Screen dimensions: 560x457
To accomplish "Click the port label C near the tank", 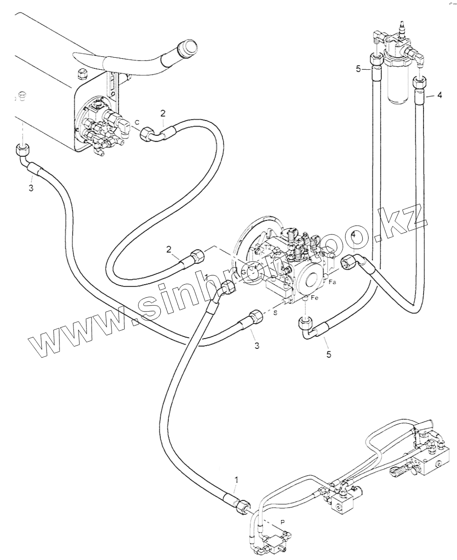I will coord(137,122).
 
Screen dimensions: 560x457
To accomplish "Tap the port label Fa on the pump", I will coord(332,282).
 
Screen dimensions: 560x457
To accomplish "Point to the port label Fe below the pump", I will coord(314,298).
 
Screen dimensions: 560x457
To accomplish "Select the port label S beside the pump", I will coord(275,313).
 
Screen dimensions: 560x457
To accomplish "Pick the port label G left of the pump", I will coord(243,272).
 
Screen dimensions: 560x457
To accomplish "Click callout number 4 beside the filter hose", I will coord(439,96).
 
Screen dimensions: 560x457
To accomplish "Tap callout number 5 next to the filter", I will coord(358,69).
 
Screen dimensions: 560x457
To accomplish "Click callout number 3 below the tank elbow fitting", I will coord(31,188).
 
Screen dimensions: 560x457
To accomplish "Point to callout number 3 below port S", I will coord(256,345).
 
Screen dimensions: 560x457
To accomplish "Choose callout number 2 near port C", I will coord(163,113).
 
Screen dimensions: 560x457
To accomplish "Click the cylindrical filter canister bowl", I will coord(398,84).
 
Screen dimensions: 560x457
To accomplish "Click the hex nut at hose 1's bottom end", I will coord(244,506).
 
